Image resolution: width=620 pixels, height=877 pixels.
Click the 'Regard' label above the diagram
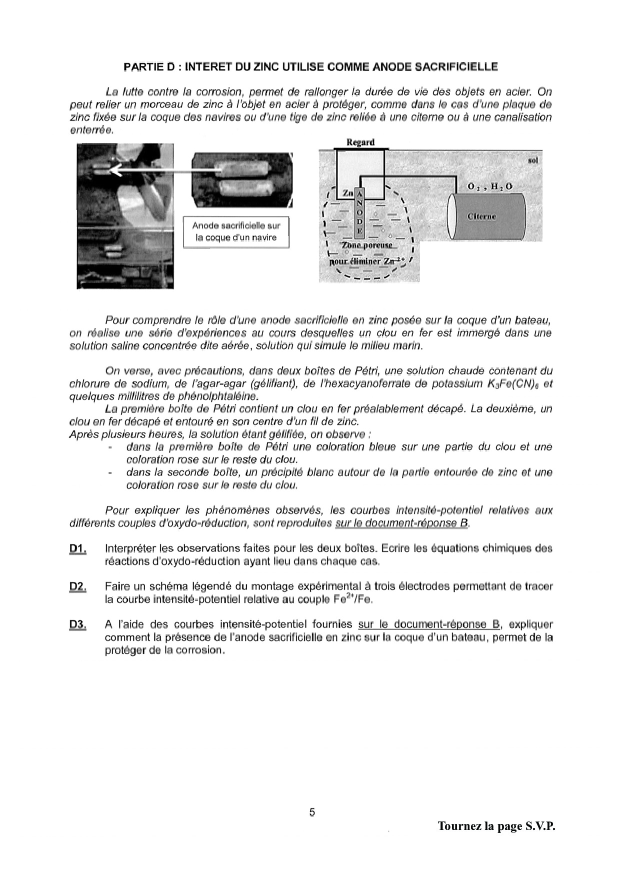coord(360,142)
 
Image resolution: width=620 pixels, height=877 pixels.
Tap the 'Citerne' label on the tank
coord(481,216)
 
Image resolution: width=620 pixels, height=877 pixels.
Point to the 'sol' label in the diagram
coord(533,160)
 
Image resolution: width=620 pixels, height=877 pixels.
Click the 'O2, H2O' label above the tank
coord(489,186)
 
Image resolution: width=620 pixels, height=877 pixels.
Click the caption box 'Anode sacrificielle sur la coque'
coord(236,231)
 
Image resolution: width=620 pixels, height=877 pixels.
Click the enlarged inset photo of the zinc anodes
coord(242,179)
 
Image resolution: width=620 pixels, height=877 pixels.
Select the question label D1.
coord(77,548)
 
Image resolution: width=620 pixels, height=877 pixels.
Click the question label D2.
coord(77,586)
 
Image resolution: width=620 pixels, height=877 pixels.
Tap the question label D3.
coord(77,624)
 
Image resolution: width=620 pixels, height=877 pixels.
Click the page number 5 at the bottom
coord(312,812)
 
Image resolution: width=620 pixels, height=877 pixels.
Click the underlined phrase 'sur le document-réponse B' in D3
coord(429,624)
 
